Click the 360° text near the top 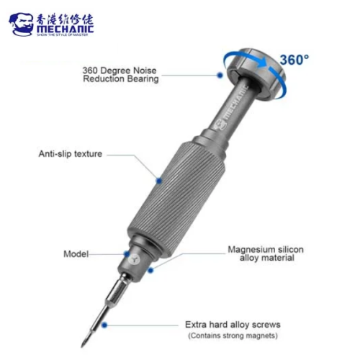coord(295,59)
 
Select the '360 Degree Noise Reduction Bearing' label coord(120,74)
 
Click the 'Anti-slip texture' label coord(71,153)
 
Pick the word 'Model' coord(77,253)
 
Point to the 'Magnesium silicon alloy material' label coord(266,254)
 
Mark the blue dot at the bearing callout coord(218,73)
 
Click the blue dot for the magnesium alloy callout coord(151,271)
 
